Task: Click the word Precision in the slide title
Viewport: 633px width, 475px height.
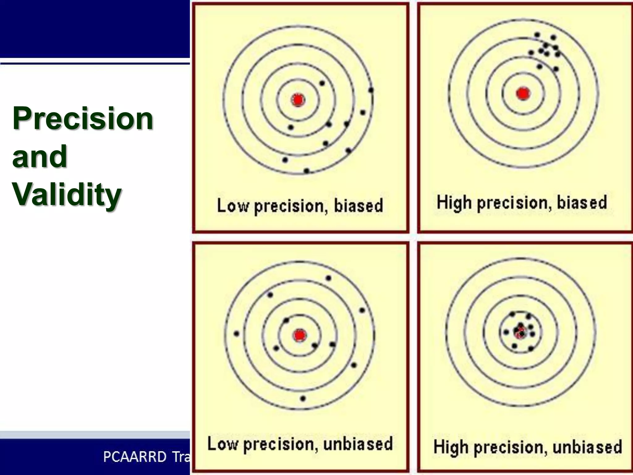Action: coord(83,118)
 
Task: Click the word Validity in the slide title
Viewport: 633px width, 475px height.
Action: coord(67,194)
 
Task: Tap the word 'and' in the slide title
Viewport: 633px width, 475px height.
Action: coord(40,156)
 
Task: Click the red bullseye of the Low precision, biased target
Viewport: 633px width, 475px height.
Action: coord(298,100)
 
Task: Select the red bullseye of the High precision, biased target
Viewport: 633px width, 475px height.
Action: coord(523,93)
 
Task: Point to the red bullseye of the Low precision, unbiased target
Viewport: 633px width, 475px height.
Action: coord(300,335)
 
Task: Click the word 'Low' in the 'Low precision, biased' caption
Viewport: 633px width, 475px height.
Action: coord(232,205)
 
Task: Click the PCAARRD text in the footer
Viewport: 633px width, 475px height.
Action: coord(135,457)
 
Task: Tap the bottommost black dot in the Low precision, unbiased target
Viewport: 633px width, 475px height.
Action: coord(303,399)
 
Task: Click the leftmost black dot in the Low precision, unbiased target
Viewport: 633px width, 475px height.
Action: coord(236,334)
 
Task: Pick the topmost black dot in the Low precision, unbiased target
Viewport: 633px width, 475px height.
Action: coord(329,278)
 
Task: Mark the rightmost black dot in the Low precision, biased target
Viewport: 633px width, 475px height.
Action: coord(371,90)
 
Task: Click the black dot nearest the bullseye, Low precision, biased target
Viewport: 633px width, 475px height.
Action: coord(291,127)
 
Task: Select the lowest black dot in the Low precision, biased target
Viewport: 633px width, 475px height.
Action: coord(306,171)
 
